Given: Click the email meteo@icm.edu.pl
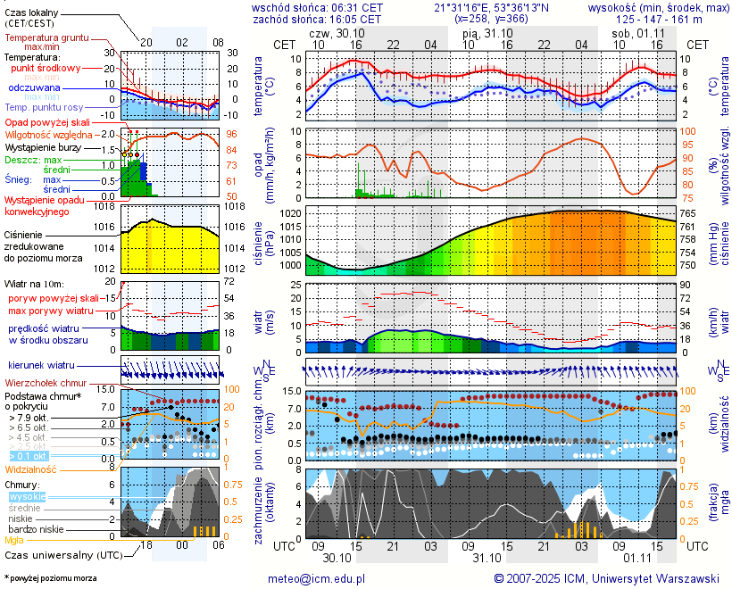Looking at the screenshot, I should point(317,579).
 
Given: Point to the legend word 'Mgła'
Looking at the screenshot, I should point(14,540).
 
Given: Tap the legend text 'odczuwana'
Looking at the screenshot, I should point(34,88).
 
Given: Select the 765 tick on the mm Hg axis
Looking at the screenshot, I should point(689,214).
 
